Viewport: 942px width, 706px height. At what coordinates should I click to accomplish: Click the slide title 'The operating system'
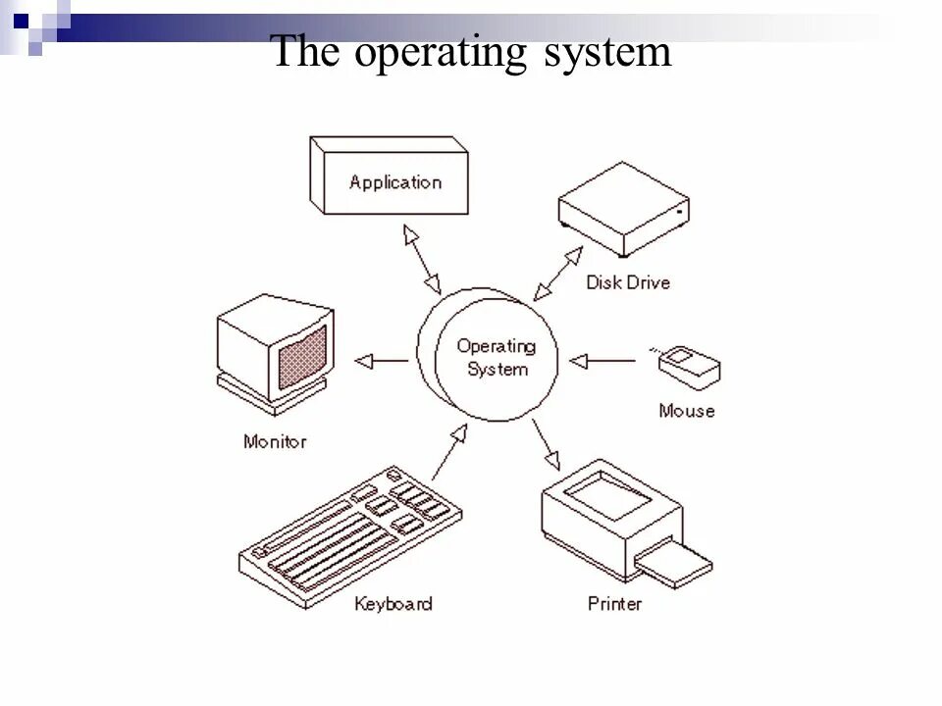click(471, 52)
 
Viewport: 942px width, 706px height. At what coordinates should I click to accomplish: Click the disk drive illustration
click(623, 209)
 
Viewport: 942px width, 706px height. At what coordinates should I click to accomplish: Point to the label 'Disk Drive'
click(628, 282)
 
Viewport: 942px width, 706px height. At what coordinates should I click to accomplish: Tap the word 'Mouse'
click(687, 411)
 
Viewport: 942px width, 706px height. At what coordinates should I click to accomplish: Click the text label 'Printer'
click(614, 603)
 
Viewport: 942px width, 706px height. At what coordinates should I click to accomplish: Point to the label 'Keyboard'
click(393, 603)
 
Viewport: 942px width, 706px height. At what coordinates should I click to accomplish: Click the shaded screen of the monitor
click(302, 358)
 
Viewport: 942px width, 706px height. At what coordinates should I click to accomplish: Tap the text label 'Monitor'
click(275, 441)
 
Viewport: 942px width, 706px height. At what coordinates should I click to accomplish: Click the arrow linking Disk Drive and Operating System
click(558, 274)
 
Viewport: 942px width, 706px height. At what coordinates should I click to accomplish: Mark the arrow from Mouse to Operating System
click(603, 362)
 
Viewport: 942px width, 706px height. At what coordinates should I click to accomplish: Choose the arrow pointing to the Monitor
click(382, 361)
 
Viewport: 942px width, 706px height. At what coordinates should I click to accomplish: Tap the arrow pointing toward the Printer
click(547, 444)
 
